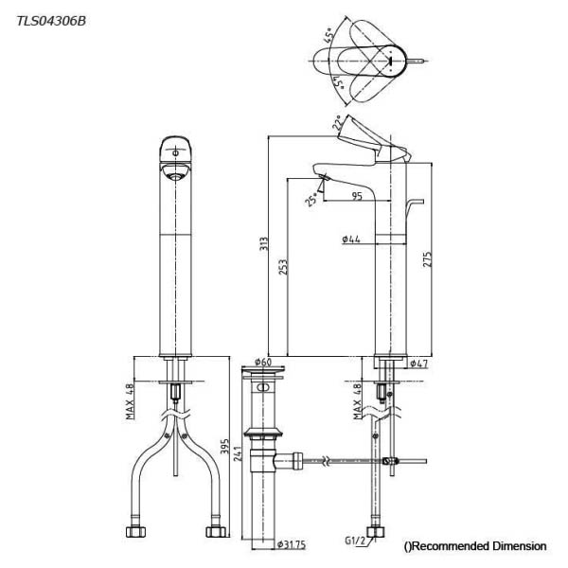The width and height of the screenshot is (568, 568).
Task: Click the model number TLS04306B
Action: click(x=51, y=21)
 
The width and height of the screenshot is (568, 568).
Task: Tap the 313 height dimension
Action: click(x=264, y=243)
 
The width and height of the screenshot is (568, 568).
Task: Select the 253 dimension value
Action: click(x=283, y=267)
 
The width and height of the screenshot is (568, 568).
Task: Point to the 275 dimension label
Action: click(x=428, y=259)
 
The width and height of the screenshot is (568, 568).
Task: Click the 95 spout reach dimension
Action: click(x=357, y=196)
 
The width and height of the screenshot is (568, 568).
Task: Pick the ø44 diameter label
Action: click(x=351, y=240)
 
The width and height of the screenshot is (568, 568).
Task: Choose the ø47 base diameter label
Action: click(x=419, y=364)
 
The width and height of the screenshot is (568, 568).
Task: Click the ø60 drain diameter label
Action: click(x=263, y=362)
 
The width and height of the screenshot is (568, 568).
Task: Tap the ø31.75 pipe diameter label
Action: click(x=292, y=544)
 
